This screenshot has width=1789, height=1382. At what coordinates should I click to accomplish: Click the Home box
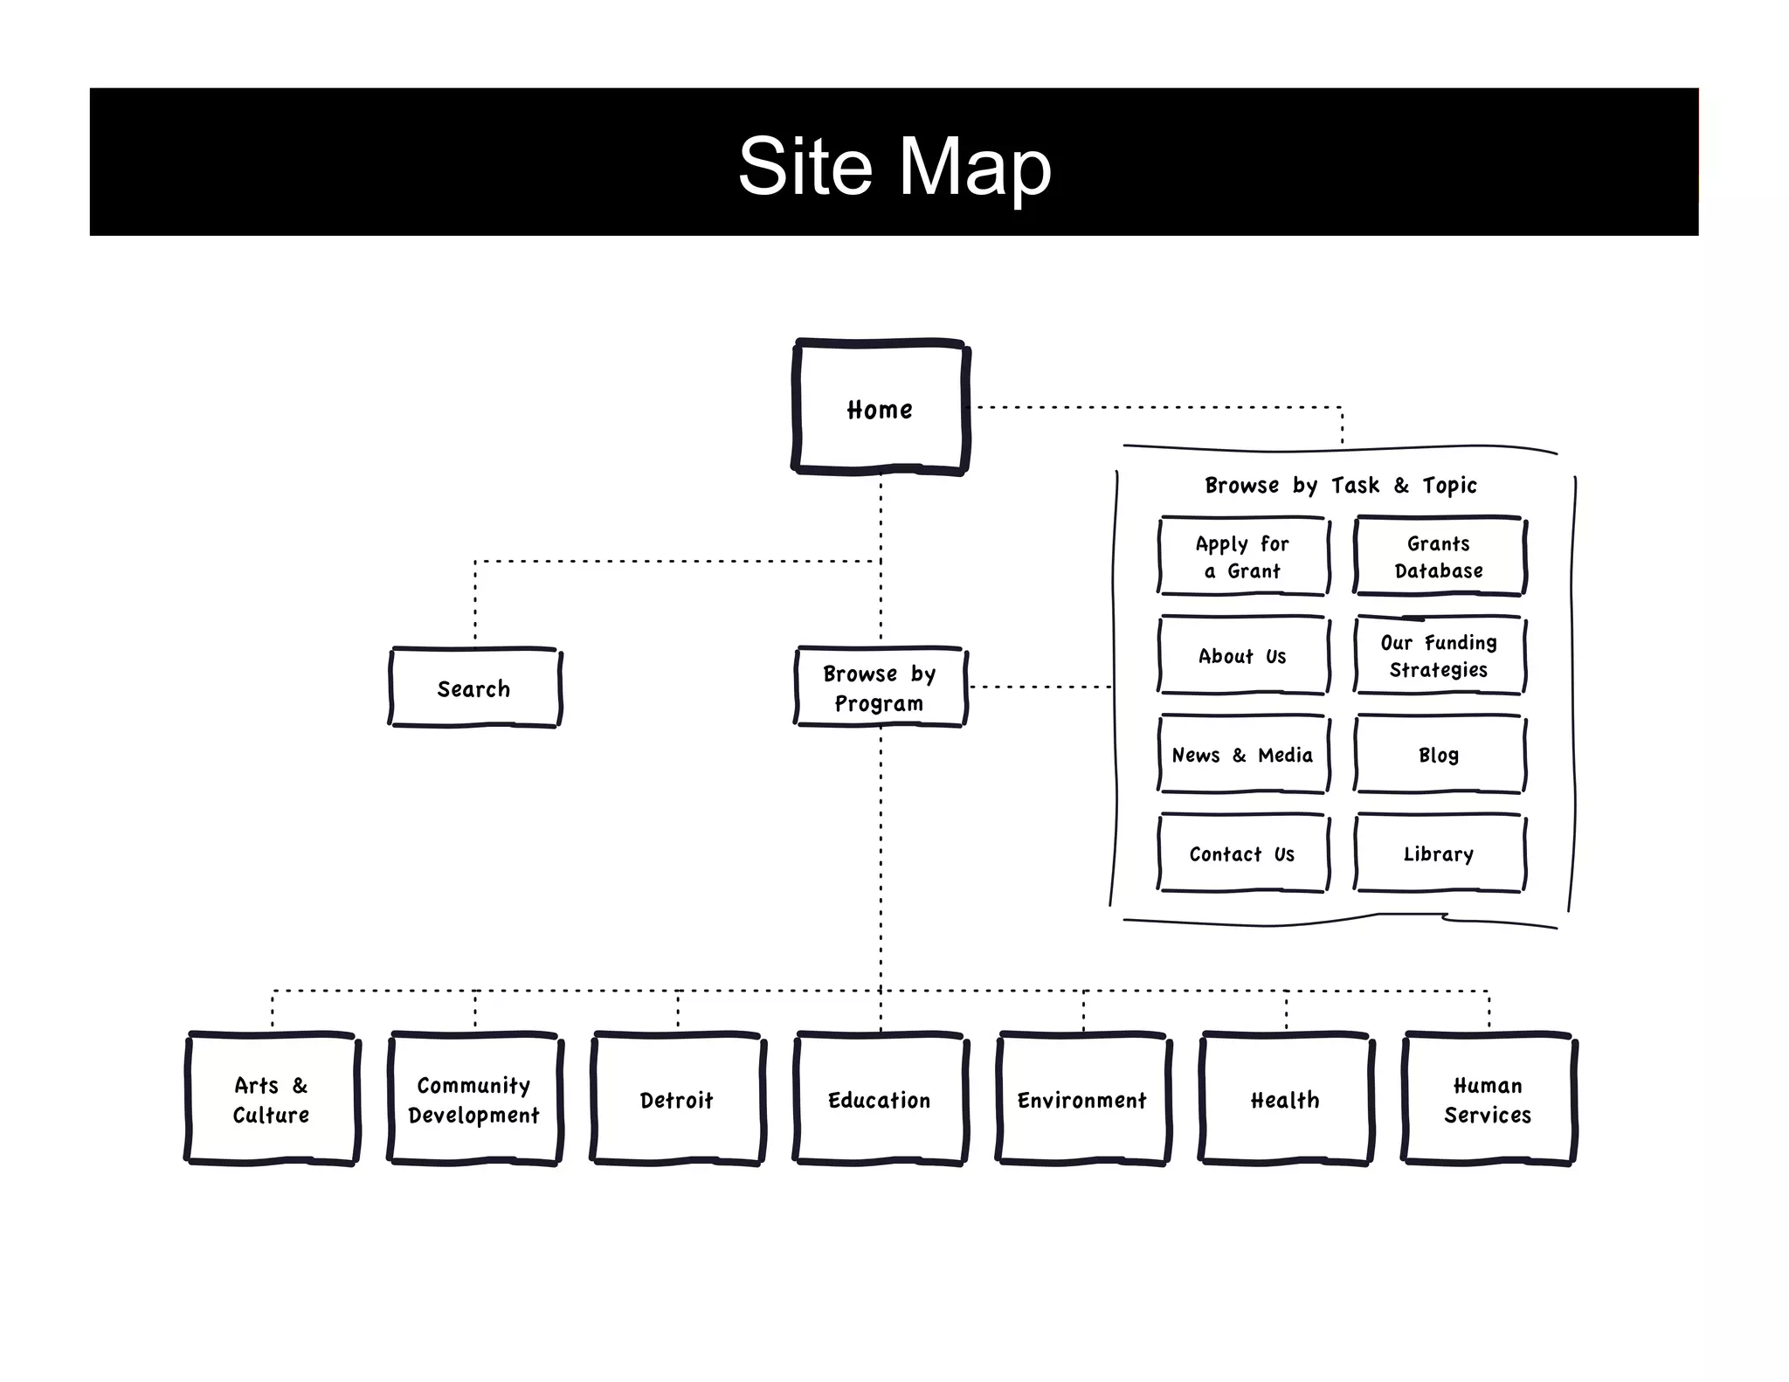tap(880, 408)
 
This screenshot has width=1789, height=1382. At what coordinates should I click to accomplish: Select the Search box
tap(474, 688)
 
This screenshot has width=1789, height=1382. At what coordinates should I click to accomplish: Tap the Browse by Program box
tap(880, 688)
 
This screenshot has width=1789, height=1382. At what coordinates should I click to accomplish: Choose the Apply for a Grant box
tap(1242, 556)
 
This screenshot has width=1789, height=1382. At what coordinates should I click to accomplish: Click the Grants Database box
tap(1439, 556)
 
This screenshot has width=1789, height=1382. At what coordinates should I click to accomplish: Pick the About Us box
tap(1242, 656)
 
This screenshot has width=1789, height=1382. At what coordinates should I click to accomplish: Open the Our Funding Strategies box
tap(1439, 656)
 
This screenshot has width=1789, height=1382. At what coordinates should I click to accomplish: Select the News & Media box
tap(1242, 755)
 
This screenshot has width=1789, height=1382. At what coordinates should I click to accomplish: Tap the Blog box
tap(1439, 755)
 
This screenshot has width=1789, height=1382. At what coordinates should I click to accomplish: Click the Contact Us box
tap(1242, 853)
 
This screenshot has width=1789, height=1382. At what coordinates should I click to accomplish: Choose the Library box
tap(1439, 853)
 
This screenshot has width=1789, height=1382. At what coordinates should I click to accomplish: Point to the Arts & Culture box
tap(272, 1099)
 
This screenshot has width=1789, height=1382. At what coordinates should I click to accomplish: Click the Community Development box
tap(474, 1099)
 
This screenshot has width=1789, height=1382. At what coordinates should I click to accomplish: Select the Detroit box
tap(677, 1099)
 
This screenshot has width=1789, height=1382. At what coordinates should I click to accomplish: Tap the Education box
tap(880, 1099)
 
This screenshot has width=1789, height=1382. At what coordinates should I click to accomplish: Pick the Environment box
tap(1082, 1099)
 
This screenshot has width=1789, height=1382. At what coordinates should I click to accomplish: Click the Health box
tap(1285, 1099)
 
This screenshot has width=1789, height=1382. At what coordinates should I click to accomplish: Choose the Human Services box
tap(1488, 1099)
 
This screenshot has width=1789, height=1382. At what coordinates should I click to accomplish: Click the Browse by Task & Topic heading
tap(1341, 485)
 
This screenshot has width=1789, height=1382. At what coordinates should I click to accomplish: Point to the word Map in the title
tap(975, 165)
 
